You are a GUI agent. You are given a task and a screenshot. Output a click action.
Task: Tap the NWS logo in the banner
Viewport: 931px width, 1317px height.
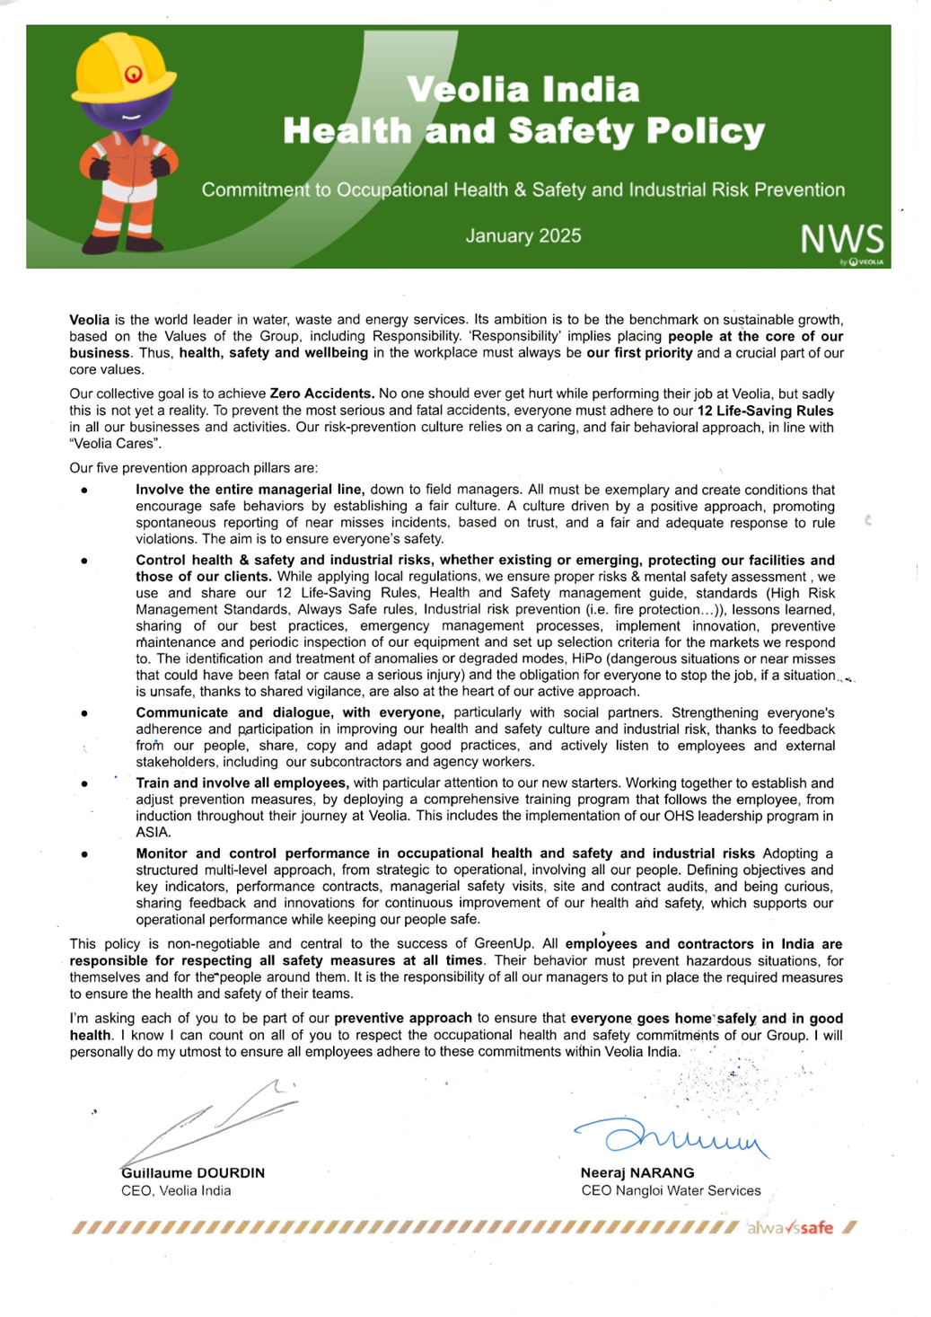pyautogui.click(x=841, y=241)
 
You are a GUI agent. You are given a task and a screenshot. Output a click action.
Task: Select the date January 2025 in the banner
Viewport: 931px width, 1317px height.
pyautogui.click(x=523, y=236)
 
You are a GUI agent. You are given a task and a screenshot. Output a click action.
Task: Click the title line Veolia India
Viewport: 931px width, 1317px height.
pyautogui.click(x=523, y=90)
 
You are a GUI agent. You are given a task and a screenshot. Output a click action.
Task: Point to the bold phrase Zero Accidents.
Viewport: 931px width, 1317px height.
pyautogui.click(x=321, y=393)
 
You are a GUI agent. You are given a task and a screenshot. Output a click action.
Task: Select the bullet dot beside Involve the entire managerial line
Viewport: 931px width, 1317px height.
pyautogui.click(x=84, y=491)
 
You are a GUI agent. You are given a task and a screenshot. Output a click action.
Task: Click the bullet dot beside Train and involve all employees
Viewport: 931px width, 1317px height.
pyautogui.click(x=84, y=783)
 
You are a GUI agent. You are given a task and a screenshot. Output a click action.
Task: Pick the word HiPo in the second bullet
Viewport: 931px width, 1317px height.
pyautogui.click(x=587, y=658)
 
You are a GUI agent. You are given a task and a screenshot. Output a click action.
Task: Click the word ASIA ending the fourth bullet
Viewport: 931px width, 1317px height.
pyautogui.click(x=153, y=833)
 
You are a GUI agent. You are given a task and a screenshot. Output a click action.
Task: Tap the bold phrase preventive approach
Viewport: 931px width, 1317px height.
pyautogui.click(x=403, y=1018)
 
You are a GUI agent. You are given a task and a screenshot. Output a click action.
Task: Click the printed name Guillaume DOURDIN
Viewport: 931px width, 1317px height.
pyautogui.click(x=193, y=1173)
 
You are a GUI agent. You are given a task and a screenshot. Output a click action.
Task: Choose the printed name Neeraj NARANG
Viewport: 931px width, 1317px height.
pyautogui.click(x=637, y=1173)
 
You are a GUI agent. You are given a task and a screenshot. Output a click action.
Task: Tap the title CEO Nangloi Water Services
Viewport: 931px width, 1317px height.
pyautogui.click(x=671, y=1191)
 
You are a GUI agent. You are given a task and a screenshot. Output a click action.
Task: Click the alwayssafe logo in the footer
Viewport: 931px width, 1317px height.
pyautogui.click(x=790, y=1228)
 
